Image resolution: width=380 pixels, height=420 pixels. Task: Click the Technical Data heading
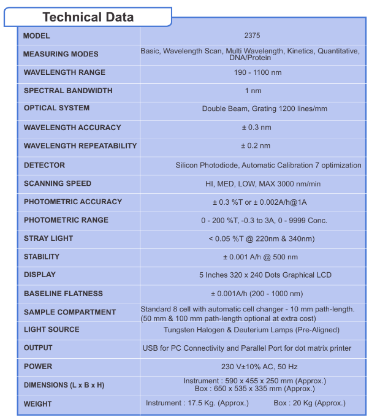click(88, 17)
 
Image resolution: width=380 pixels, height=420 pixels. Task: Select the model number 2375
click(252, 36)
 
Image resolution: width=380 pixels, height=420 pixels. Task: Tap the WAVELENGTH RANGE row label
click(64, 72)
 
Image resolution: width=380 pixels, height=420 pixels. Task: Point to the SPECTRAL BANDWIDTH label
click(68, 91)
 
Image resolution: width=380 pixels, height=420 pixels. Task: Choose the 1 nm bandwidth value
click(253, 91)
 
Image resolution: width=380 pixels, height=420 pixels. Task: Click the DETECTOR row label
click(44, 165)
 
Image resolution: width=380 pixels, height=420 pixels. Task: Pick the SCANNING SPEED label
click(58, 183)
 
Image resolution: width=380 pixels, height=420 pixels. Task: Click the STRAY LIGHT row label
click(48, 239)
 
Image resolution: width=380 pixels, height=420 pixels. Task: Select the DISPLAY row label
click(40, 275)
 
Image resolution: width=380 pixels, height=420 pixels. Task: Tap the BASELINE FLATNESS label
click(63, 294)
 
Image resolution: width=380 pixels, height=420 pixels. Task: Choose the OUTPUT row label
click(38, 348)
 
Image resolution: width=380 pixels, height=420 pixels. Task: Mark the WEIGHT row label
click(38, 404)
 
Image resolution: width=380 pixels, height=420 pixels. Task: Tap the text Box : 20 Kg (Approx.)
click(309, 403)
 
